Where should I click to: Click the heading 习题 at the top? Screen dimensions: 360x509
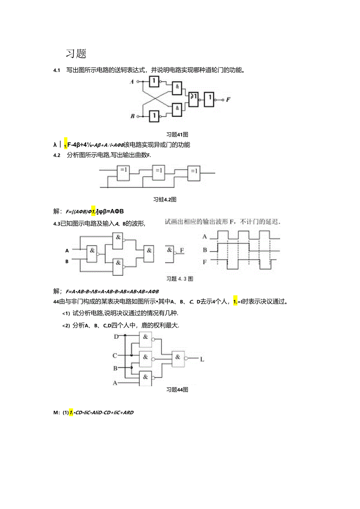point(76,54)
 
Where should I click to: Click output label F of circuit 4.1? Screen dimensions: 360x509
point(228,100)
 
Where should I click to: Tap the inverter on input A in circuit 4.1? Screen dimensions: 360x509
point(155,82)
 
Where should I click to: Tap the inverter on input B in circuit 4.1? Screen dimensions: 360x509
point(155,116)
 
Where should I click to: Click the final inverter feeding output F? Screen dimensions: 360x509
point(211,99)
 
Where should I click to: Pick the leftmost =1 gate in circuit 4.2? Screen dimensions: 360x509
point(124,172)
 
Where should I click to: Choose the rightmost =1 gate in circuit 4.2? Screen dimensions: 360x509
point(194,172)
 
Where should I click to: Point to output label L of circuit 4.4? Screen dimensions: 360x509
point(202,359)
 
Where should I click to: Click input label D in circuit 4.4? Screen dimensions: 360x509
point(116,336)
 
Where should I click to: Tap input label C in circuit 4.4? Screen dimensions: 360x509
point(115,356)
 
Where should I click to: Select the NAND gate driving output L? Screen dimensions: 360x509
point(178,358)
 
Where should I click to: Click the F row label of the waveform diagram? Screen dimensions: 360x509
point(204,263)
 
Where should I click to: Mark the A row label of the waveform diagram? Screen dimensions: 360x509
point(204,237)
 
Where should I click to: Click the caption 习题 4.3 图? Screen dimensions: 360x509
point(180,279)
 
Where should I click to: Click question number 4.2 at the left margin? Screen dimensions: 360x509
point(57,155)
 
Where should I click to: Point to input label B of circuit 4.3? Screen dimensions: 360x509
point(67,261)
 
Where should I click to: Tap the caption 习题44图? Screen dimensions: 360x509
point(178,390)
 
